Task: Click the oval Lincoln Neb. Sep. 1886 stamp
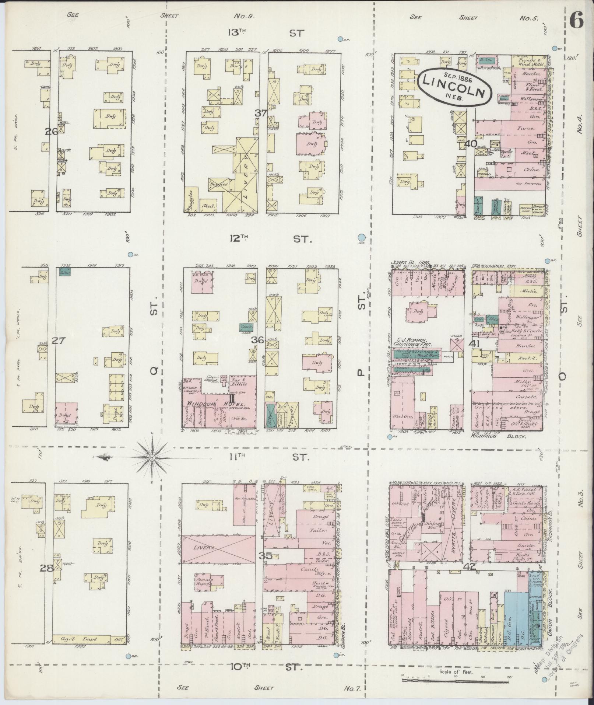pyautogui.click(x=455, y=88)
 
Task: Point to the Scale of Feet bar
pyautogui.click(x=456, y=679)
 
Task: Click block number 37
pyautogui.click(x=261, y=113)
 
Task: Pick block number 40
pyautogui.click(x=471, y=144)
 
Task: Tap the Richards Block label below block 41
pyautogui.click(x=499, y=436)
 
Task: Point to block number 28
pyautogui.click(x=47, y=568)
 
